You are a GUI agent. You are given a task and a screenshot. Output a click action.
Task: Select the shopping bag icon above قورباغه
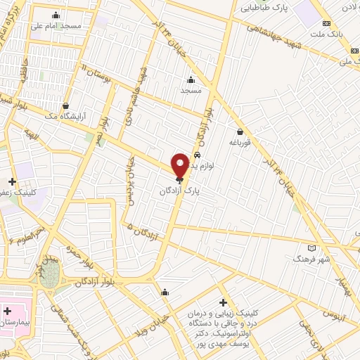[x=240, y=131]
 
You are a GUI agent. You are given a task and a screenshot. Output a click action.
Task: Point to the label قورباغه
[x=240, y=142]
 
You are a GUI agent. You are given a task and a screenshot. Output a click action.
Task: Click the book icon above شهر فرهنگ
[x=311, y=248]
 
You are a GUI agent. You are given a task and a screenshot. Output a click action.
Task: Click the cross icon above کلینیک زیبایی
[x=224, y=302]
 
